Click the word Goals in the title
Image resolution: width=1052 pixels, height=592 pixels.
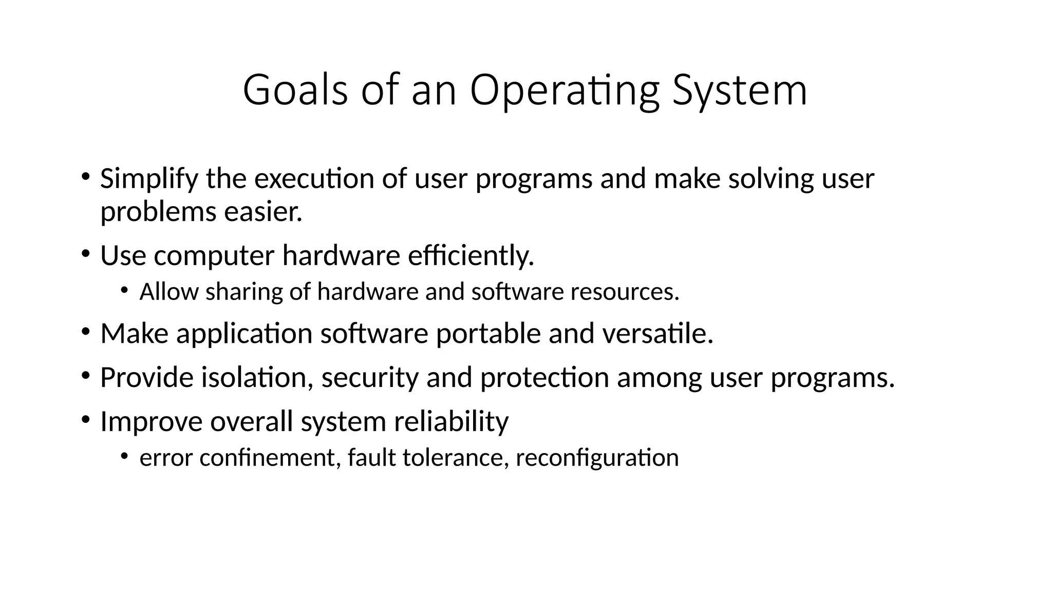[x=295, y=90]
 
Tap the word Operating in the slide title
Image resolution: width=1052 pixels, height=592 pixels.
[x=563, y=90]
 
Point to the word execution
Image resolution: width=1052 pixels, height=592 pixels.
[x=314, y=179]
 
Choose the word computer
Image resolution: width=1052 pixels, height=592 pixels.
[x=214, y=256]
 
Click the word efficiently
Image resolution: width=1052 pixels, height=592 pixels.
[x=471, y=256]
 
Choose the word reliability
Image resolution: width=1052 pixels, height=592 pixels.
[x=451, y=422]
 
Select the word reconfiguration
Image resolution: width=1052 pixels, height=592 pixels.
[x=597, y=458]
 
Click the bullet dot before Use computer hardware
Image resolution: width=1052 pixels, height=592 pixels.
[x=85, y=253]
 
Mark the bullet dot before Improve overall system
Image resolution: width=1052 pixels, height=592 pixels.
[x=85, y=419]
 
